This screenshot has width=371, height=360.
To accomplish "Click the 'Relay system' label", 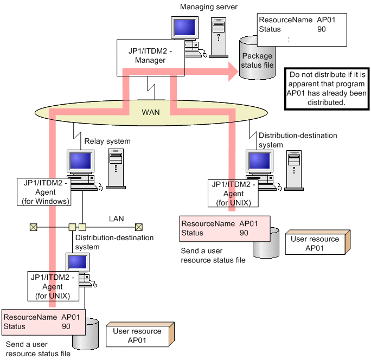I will coord(107,141).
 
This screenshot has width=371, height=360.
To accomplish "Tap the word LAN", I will coord(116,218).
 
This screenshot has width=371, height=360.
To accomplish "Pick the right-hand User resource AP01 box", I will coord(315,244).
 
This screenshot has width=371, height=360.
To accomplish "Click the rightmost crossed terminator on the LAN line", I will coord(139,227).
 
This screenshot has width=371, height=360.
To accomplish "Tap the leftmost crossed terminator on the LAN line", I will coord(34,227).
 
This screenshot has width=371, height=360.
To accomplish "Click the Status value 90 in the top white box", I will coord(321,29).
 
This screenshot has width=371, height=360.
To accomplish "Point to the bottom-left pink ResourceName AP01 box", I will coord(44,322).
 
